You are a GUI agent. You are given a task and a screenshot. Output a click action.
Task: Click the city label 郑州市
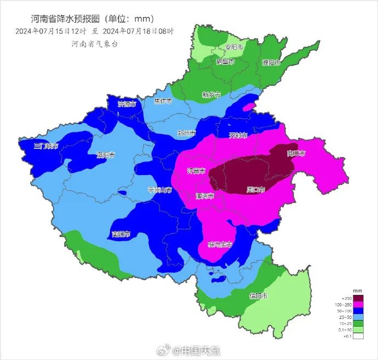tap(187, 133)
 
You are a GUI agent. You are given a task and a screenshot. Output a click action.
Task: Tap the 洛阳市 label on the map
tap(106, 155)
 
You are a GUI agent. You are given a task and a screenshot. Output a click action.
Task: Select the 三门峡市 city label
tap(46, 146)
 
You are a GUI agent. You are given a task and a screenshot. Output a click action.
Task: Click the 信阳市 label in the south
tap(259, 296)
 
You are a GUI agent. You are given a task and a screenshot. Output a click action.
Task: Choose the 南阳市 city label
tap(121, 234)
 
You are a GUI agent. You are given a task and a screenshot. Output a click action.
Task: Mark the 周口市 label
tap(256, 190)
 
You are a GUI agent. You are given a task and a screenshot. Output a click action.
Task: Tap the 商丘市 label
tap(296, 154)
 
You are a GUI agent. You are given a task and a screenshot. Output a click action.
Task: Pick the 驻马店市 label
tap(220, 245)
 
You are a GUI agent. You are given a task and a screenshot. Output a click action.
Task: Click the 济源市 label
tap(127, 104)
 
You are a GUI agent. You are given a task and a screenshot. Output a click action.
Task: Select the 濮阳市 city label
tap(271, 62)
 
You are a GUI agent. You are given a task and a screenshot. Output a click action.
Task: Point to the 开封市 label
tap(238, 135)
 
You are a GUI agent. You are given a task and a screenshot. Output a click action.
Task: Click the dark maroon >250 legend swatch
tap(358, 298)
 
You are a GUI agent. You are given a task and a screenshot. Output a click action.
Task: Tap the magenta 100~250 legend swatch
tap(358, 305)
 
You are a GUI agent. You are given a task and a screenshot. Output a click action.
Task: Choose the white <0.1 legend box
tap(358, 336)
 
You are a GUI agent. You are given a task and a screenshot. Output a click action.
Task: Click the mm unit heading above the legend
tap(357, 290)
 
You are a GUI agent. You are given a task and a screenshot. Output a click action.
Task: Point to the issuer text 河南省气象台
tap(95, 44)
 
